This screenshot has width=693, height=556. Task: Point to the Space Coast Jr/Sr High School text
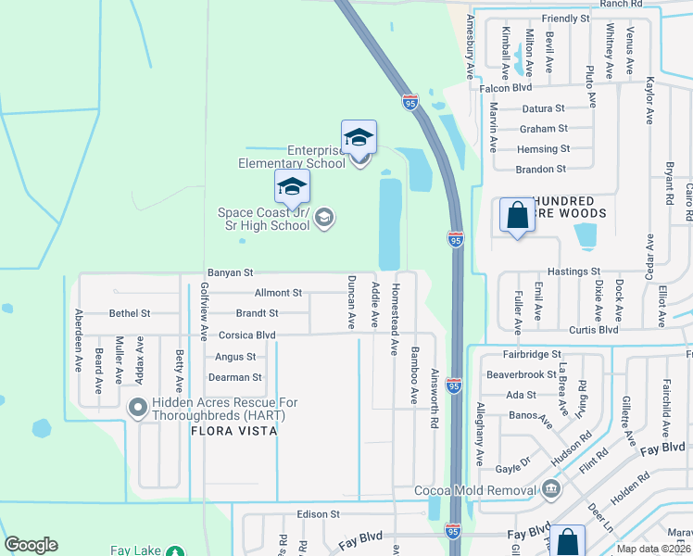264,219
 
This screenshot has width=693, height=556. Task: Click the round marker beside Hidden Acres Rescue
138,407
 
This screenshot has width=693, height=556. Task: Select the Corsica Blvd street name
246,335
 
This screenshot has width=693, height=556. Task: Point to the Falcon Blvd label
506,87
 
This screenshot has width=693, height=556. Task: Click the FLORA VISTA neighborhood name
235,431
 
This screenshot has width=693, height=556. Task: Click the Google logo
31,545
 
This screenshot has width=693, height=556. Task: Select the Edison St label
319,513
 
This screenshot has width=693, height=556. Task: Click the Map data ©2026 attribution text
652,549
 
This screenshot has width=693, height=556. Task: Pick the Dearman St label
238,377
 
